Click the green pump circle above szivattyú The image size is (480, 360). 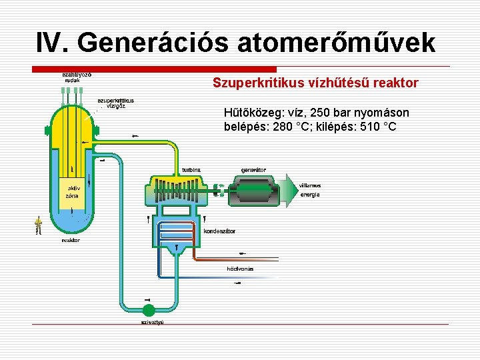point(148,309)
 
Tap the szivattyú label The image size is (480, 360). point(152,322)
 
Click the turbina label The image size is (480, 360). point(191,170)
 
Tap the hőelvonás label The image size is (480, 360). point(240,269)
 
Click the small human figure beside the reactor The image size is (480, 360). point(39,225)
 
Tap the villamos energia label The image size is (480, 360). point(309,190)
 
